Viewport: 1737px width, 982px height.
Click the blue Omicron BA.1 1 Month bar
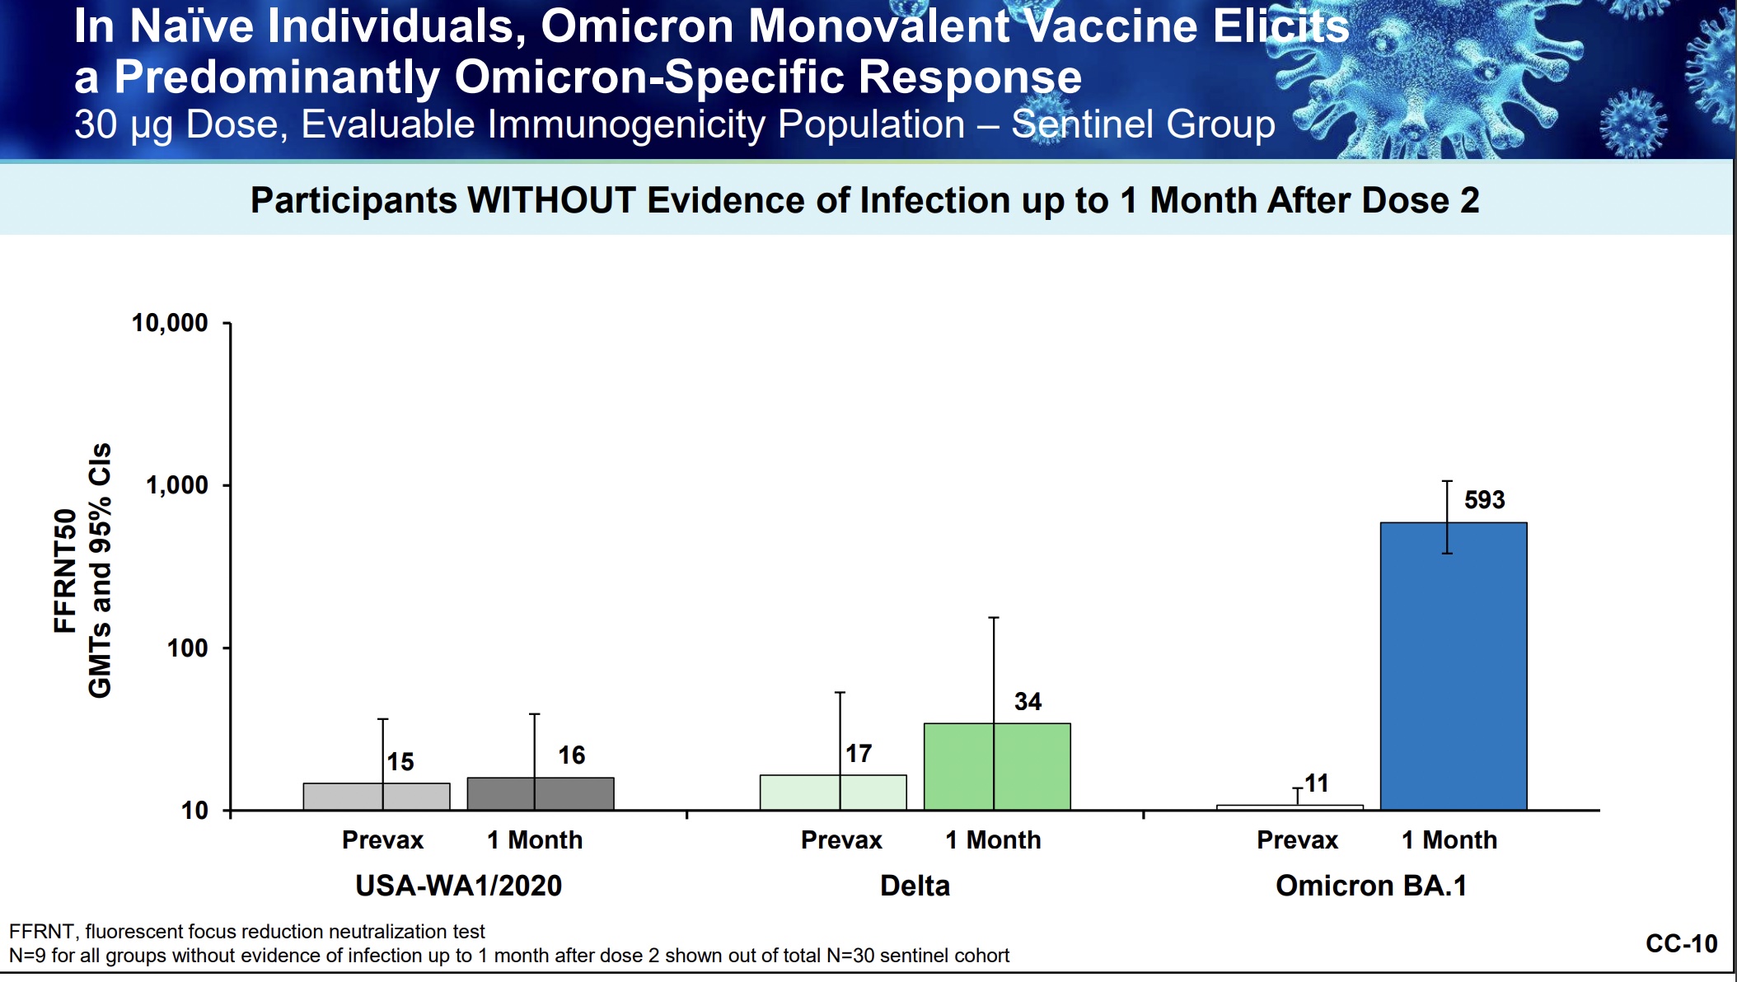tap(1454, 666)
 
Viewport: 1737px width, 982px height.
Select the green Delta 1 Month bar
tap(997, 766)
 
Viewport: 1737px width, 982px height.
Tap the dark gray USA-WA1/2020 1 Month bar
tap(541, 793)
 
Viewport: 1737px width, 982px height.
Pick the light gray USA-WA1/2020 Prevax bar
tap(377, 797)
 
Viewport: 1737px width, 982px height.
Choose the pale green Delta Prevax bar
tap(833, 793)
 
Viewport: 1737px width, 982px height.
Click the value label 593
tap(1484, 500)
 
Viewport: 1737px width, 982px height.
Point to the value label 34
tap(1028, 701)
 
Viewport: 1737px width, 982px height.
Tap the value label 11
tap(1316, 783)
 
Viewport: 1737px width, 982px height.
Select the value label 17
tap(859, 753)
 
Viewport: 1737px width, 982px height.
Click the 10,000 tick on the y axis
tap(170, 323)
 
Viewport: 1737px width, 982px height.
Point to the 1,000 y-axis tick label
tap(177, 485)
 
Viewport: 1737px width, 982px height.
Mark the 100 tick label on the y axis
tap(187, 648)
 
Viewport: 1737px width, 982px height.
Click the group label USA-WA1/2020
tap(458, 886)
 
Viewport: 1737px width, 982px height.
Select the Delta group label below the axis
tap(915, 886)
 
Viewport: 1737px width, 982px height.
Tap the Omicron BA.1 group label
tap(1371, 886)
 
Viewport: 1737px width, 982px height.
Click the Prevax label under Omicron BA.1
tap(1297, 840)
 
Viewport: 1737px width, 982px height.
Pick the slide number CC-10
tap(1681, 943)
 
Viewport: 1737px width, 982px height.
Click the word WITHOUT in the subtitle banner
tap(552, 200)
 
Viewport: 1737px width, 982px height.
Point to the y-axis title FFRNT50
tap(64, 570)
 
